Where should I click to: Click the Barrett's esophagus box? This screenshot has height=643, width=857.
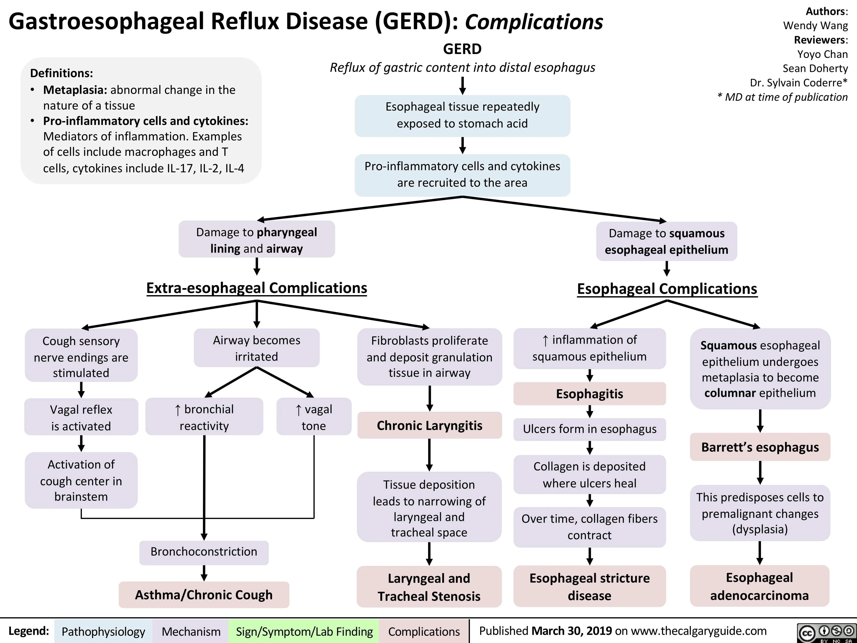pos(760,447)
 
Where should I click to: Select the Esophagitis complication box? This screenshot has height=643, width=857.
pos(589,394)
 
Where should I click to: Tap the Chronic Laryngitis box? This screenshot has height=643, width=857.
pos(429,426)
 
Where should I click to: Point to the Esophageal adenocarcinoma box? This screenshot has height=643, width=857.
pos(759,586)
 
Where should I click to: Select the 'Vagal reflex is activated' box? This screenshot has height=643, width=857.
pos(81,418)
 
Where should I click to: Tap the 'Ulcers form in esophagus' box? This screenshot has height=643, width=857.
pos(589,429)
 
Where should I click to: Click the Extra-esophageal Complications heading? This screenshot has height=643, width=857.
pos(256,288)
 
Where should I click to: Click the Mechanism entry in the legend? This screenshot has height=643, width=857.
pos(191,631)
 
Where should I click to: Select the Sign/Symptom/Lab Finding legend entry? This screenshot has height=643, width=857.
pos(304,631)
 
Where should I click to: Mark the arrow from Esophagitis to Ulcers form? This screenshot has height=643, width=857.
pos(589,412)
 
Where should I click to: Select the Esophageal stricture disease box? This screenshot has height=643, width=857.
pos(589,586)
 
